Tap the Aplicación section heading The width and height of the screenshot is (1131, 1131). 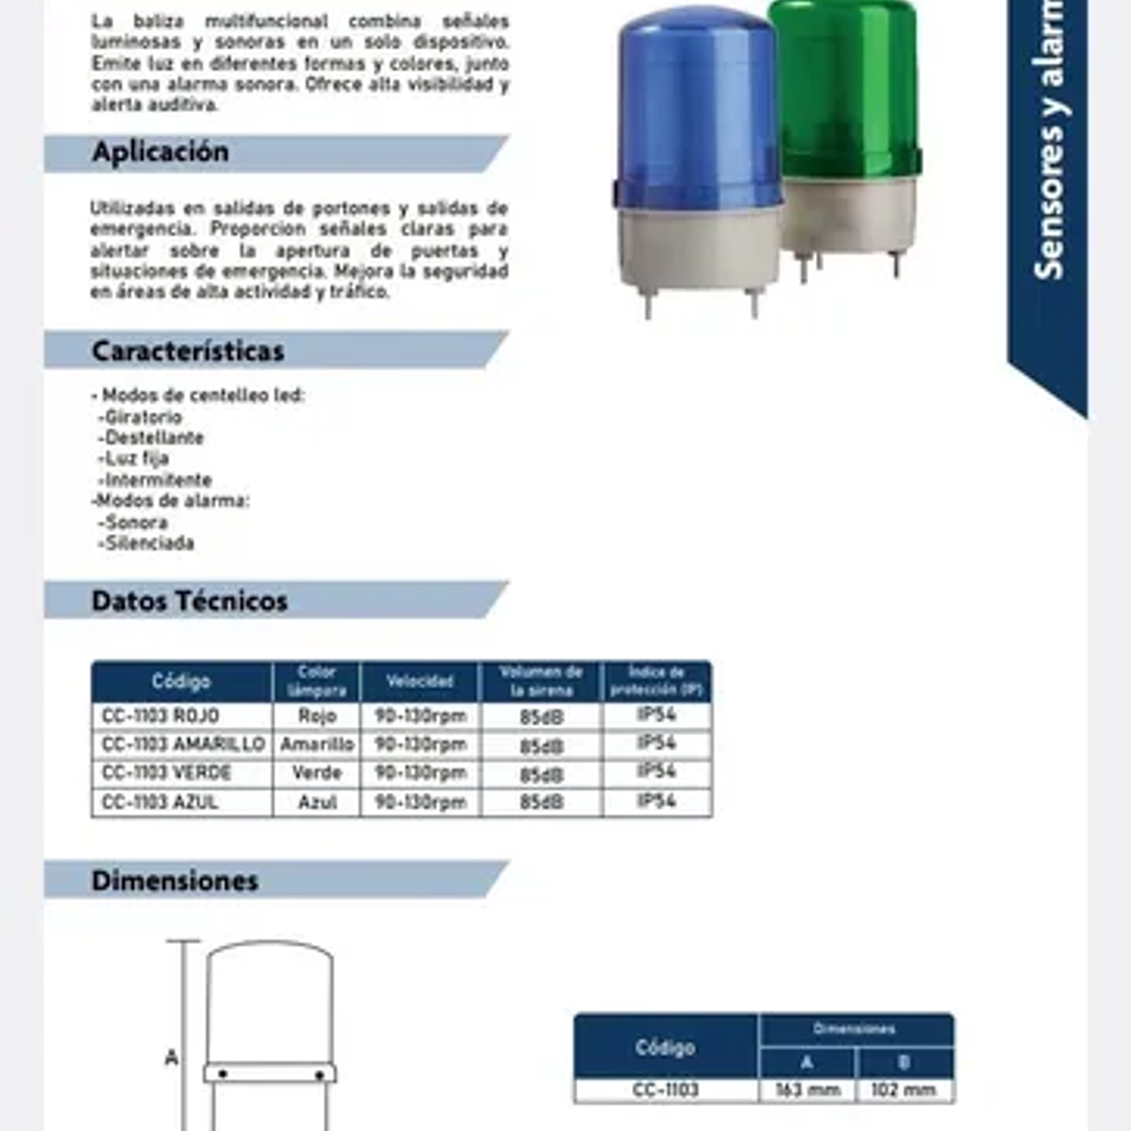(161, 152)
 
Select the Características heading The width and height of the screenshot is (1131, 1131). (188, 351)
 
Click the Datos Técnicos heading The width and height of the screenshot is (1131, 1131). (189, 602)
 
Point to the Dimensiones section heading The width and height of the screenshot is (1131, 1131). (175, 881)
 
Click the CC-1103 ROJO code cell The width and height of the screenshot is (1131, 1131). (161, 716)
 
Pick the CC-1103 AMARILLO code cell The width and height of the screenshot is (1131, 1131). (183, 744)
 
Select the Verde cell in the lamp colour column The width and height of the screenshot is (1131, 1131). (317, 773)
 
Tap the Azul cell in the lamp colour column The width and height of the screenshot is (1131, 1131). (317, 802)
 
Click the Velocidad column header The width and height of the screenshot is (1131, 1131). (420, 682)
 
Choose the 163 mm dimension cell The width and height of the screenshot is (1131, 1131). (808, 1090)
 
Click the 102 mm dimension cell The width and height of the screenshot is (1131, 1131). (903, 1090)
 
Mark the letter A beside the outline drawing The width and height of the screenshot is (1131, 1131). (172, 1058)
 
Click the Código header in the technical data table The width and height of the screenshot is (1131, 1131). (181, 682)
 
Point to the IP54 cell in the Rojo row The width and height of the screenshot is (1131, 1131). (656, 715)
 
